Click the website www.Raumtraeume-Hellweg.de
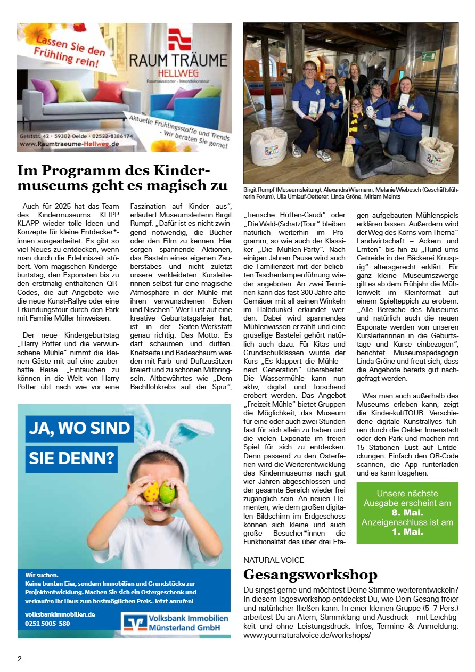(x=69, y=144)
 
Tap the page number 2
(x=20, y=659)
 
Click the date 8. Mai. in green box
(x=407, y=512)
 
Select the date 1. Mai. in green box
(x=407, y=531)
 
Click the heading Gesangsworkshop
(x=310, y=575)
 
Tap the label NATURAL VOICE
(x=274, y=560)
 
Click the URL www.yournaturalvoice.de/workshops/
(x=307, y=635)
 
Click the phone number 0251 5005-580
(x=47, y=623)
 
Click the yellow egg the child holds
(x=151, y=492)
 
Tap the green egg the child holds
(x=168, y=492)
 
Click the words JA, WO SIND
(x=79, y=429)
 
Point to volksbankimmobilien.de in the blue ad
(x=60, y=614)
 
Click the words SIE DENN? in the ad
(x=71, y=458)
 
